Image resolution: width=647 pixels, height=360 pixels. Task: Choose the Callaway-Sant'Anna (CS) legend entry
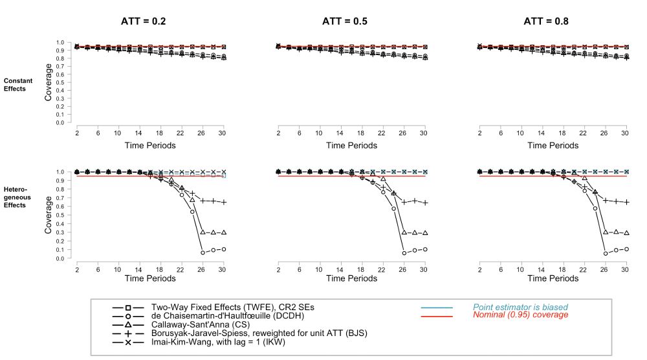click(x=199, y=324)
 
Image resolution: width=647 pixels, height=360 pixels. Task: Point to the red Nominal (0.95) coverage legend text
click(x=520, y=315)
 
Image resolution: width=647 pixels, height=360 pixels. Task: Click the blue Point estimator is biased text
click(x=515, y=307)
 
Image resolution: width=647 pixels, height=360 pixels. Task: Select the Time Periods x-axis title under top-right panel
click(x=553, y=146)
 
